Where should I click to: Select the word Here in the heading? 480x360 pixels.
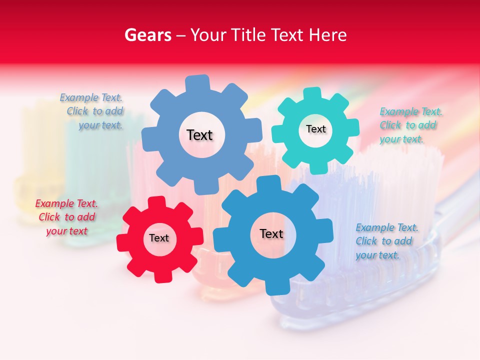click(x=327, y=35)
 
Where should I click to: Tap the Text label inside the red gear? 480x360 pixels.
click(x=159, y=238)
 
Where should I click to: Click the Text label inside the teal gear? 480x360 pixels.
click(x=315, y=129)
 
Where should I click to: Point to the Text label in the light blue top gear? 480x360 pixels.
click(x=199, y=135)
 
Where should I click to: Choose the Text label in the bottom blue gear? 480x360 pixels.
click(x=271, y=234)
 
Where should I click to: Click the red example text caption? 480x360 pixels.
click(x=66, y=217)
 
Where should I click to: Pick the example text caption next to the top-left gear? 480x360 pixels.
click(x=92, y=111)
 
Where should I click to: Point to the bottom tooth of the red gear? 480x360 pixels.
click(x=162, y=275)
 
